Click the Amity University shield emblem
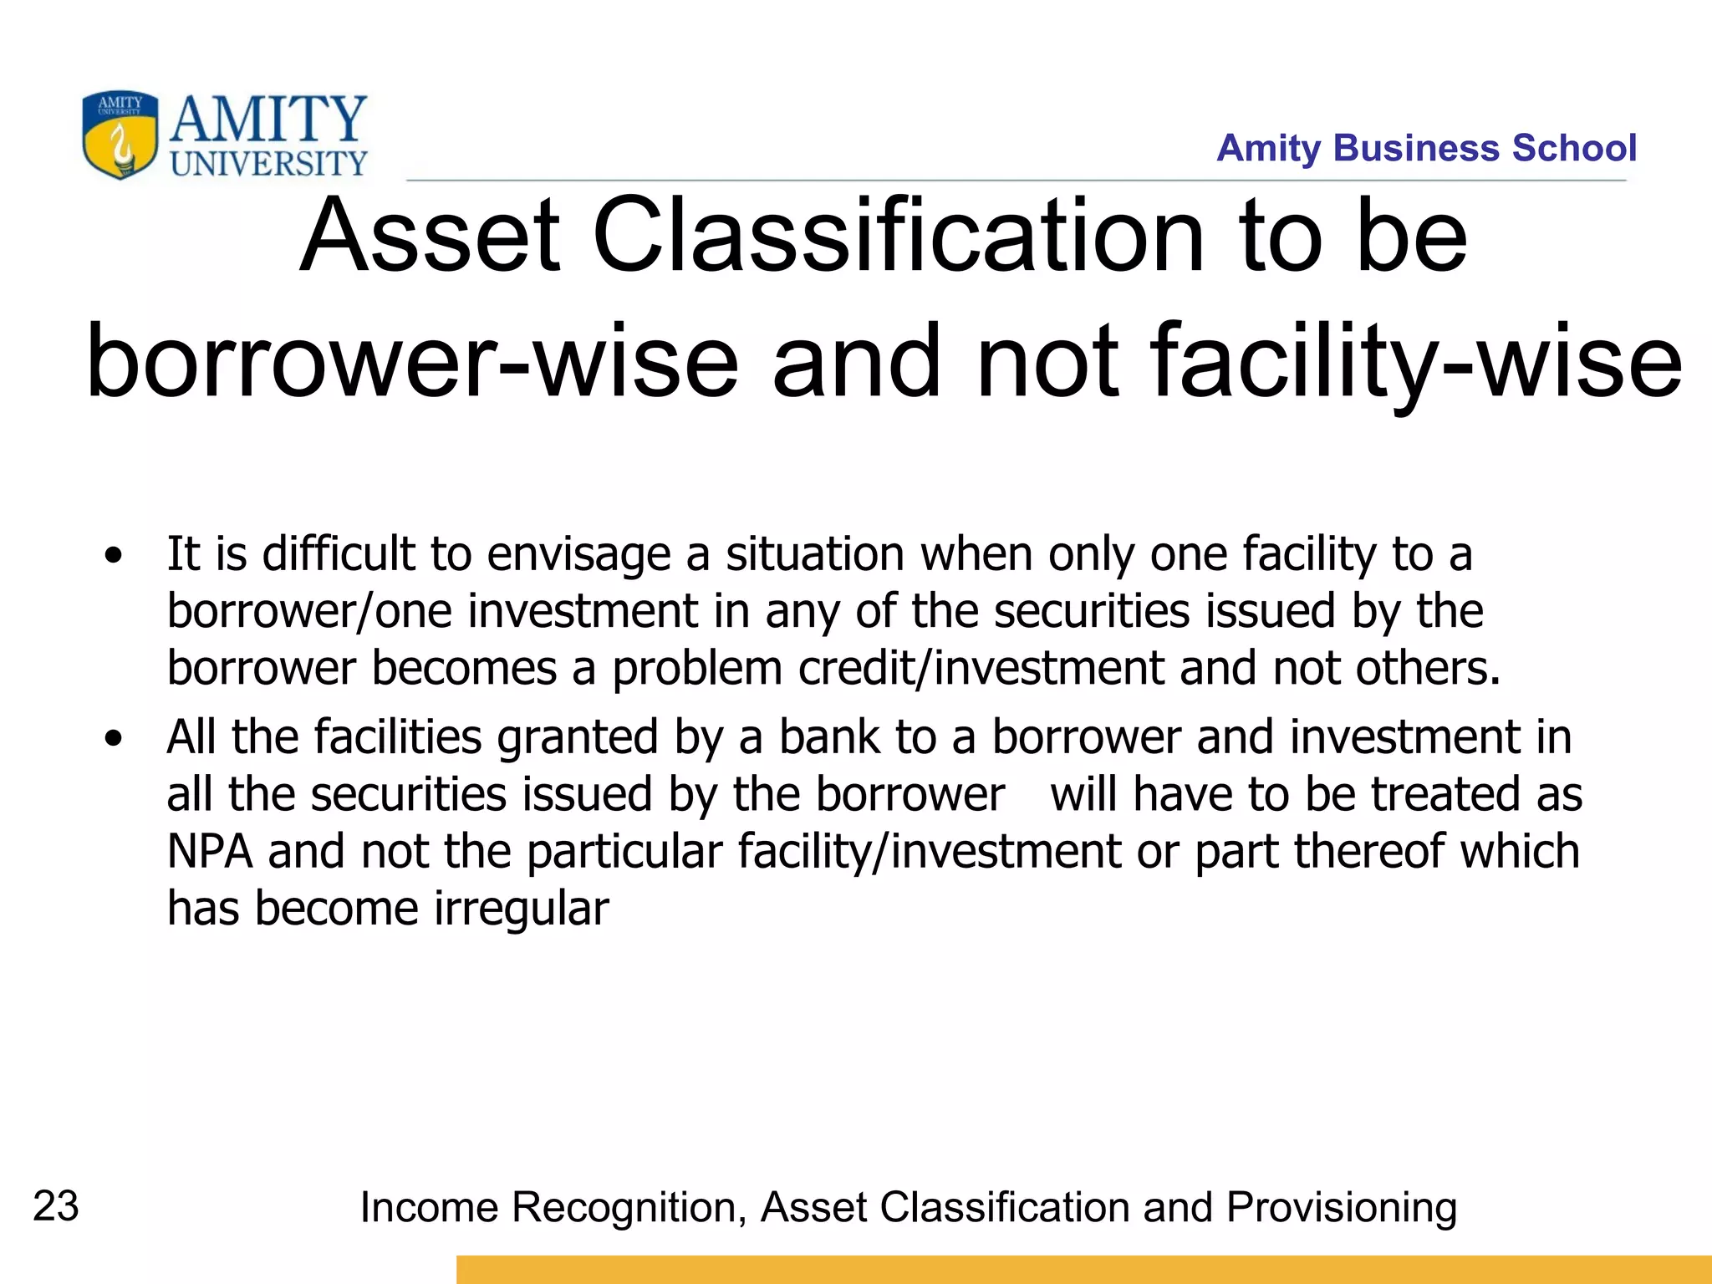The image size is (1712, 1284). [120, 135]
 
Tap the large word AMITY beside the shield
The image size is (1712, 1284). [268, 120]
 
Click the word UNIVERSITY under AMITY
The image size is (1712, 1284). [268, 163]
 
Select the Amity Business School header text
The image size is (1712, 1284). [1426, 148]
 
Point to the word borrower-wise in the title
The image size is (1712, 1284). [412, 362]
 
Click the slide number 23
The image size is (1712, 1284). [56, 1206]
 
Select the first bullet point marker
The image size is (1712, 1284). [114, 555]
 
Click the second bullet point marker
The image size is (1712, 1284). [114, 738]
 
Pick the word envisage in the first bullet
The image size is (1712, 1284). [578, 555]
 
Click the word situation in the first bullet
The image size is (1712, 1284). [814, 553]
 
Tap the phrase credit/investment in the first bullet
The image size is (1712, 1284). [981, 669]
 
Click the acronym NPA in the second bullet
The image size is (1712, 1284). [210, 852]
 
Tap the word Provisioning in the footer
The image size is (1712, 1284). [1342, 1208]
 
